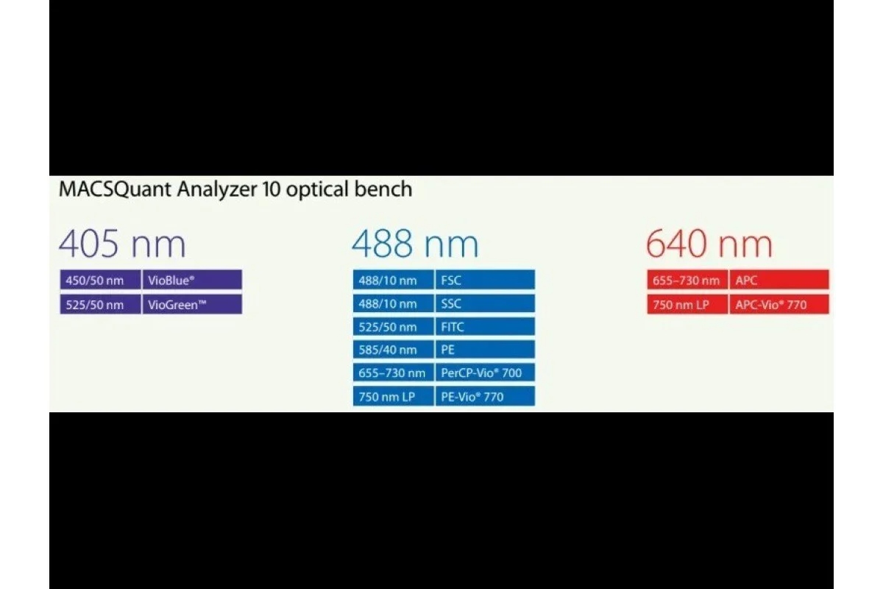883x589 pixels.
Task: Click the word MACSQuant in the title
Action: [115, 189]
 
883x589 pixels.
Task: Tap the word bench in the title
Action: [383, 188]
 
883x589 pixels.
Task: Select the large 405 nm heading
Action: [122, 244]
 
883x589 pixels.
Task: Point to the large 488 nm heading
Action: [415, 244]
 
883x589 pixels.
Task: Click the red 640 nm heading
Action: [709, 244]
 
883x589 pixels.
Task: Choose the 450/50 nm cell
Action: [100, 280]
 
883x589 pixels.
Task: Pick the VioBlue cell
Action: [192, 280]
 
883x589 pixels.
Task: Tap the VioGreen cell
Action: [192, 305]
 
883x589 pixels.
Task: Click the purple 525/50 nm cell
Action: [100, 305]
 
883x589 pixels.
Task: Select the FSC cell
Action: [485, 280]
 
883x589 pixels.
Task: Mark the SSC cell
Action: [485, 304]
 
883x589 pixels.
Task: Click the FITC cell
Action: [485, 327]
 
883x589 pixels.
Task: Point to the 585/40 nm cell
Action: [393, 350]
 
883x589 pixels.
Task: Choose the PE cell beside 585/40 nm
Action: [485, 350]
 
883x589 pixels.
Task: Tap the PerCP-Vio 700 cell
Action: [485, 373]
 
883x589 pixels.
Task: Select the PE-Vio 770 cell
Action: [485, 396]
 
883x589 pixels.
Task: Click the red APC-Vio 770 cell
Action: [779, 305]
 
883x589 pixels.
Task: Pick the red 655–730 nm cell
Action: [687, 280]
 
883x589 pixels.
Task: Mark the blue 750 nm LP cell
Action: [393, 396]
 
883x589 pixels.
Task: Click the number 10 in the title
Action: [271, 189]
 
